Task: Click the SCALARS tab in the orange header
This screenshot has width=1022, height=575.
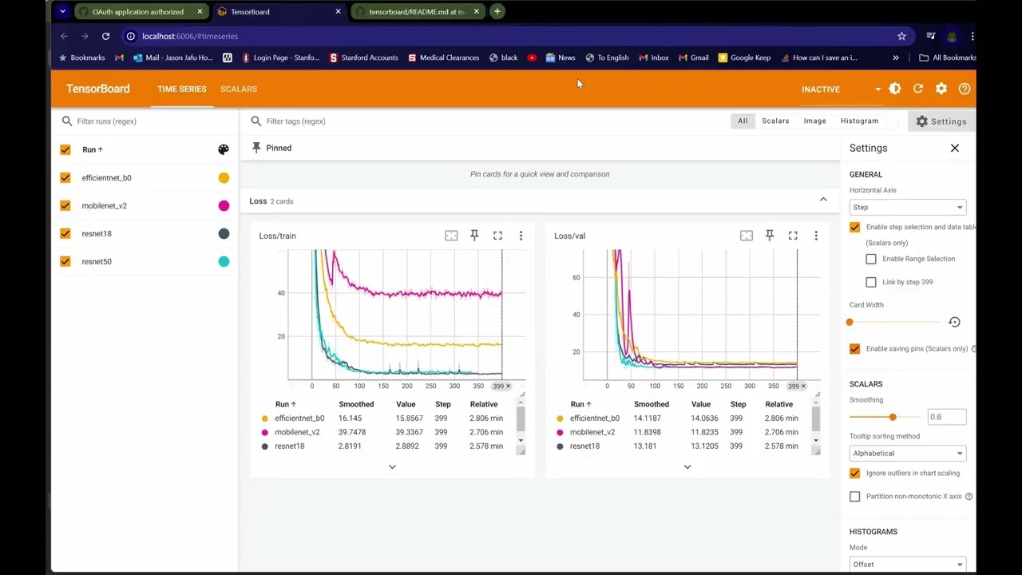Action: pos(238,89)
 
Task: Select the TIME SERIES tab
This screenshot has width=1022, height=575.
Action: pos(182,89)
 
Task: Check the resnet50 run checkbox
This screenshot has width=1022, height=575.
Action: pos(65,261)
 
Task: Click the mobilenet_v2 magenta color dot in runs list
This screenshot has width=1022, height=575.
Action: pos(224,206)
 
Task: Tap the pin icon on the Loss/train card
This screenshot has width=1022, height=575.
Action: pos(474,236)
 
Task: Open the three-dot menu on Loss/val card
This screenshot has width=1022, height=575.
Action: pos(816,236)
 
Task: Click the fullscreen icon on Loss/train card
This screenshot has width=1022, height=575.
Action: pos(497,236)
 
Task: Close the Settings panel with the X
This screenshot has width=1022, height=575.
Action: pos(954,148)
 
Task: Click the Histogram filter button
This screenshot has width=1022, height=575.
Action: pos(859,121)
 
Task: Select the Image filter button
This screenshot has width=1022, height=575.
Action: pos(814,121)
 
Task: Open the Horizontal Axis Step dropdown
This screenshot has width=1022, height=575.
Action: pos(907,207)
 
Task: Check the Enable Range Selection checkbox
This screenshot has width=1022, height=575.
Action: pos(871,259)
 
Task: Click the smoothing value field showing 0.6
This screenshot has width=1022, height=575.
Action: pos(946,417)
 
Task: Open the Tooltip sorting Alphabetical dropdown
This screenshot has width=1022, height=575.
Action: pos(907,453)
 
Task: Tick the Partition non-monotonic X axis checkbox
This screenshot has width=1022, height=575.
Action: pos(855,497)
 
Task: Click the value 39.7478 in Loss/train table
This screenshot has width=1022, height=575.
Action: pos(352,432)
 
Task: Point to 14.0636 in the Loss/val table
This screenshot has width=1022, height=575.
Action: pos(705,418)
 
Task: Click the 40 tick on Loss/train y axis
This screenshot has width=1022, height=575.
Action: pos(281,293)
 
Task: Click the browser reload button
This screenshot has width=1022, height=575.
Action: pos(105,36)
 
